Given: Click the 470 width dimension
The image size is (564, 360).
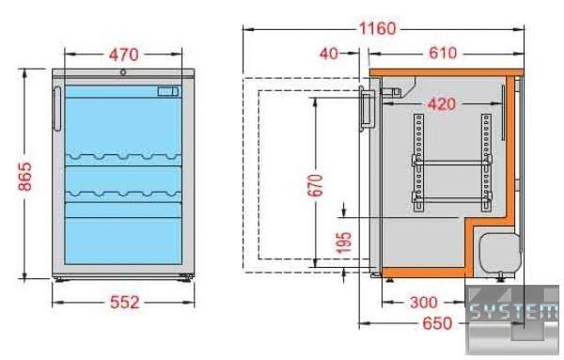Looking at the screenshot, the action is coord(124,55).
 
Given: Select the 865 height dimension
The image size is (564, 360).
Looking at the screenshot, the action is coord(25,176).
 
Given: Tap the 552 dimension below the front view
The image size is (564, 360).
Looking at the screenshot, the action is coord(124,303).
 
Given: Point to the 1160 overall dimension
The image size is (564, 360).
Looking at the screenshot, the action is coord(378,29).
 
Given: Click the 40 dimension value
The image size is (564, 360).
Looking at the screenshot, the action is coord(329,54).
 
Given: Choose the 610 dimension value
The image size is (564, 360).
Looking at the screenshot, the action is coord(443,54).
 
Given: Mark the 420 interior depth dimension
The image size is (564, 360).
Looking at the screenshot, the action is coord(442,104).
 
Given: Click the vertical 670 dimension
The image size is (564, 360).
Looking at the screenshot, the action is coord(316,185).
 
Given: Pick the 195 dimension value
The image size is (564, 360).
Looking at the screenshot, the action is coord(344,243).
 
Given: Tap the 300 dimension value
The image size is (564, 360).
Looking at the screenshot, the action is coord(424,303).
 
